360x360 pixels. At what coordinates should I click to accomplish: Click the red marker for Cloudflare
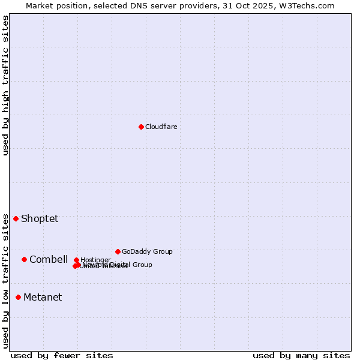click(141, 127)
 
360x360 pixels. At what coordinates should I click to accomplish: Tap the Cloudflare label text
click(161, 127)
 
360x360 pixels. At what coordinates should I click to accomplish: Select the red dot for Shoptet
click(16, 218)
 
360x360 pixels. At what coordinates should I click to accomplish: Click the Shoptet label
click(40, 218)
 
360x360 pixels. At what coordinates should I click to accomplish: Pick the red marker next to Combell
click(24, 259)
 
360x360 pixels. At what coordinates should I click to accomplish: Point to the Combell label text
click(49, 259)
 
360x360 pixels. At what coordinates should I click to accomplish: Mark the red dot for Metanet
click(18, 297)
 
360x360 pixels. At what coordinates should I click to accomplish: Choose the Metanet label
click(43, 297)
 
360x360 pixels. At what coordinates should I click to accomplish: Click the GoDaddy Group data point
click(118, 251)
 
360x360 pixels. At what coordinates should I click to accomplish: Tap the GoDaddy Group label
click(147, 251)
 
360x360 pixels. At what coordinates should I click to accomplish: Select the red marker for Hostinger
click(76, 260)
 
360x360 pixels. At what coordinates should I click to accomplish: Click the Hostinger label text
click(95, 260)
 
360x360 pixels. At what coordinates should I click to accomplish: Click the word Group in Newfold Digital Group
click(142, 265)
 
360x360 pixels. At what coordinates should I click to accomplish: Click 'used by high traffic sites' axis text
click(5, 85)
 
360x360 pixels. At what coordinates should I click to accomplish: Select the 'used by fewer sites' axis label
click(62, 355)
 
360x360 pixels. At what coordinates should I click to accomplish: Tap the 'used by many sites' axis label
click(301, 355)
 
